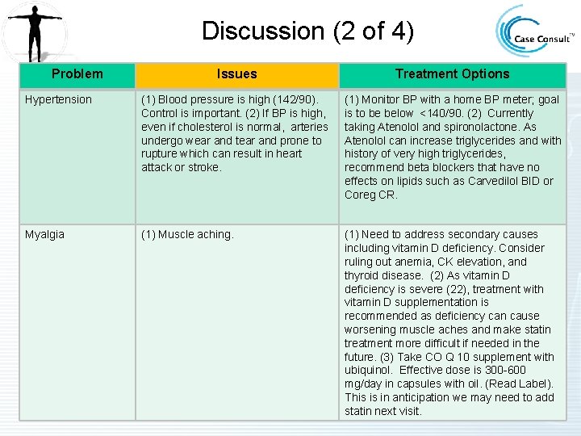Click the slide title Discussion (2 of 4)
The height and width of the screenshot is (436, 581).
(307, 31)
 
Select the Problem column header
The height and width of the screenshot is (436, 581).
(77, 73)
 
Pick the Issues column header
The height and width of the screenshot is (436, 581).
(236, 73)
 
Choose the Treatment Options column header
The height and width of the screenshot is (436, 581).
(452, 73)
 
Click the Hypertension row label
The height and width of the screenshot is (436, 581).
(59, 99)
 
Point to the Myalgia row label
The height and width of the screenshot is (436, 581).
(45, 234)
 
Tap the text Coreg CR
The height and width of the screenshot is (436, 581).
(371, 195)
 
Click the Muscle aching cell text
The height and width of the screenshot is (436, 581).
(187, 234)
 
